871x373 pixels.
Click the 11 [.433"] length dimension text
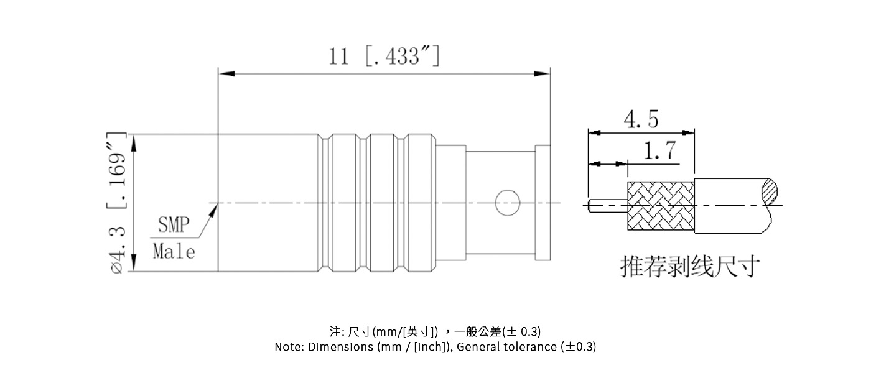click(x=384, y=57)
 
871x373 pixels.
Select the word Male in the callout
click(x=174, y=252)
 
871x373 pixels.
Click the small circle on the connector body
click(x=507, y=203)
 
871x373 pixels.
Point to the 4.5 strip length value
click(x=641, y=119)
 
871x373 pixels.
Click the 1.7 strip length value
click(x=660, y=151)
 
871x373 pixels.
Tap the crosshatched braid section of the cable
click(x=660, y=206)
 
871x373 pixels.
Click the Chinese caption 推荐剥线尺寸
click(x=690, y=267)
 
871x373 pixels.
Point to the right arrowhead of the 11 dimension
click(x=543, y=74)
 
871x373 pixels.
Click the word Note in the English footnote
click(x=289, y=347)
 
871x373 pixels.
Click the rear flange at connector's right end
click(x=543, y=203)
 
